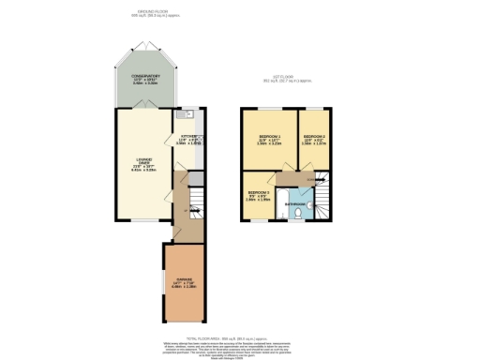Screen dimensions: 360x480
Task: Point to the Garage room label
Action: tap(186, 278)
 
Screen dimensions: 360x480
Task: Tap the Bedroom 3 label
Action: tap(258, 194)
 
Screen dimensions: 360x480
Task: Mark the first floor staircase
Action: tap(323, 201)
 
